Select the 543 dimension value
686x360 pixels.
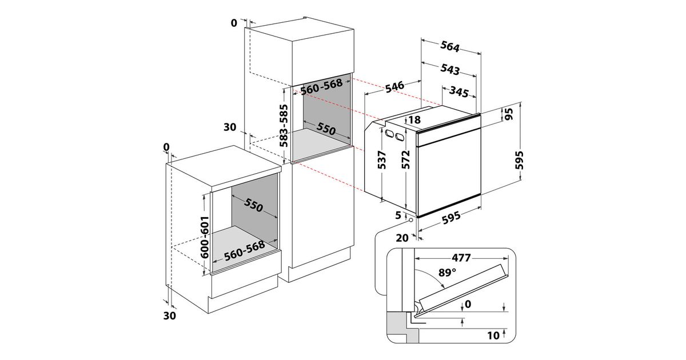point(450,69)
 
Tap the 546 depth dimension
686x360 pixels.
point(394,87)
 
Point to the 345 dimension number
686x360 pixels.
point(459,91)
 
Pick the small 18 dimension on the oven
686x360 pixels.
point(414,119)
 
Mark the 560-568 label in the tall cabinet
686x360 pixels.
point(321,86)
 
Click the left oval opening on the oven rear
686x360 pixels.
point(389,134)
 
